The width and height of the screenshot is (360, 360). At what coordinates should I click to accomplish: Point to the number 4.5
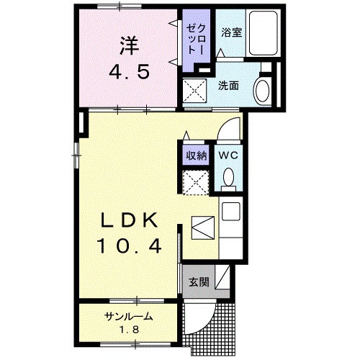(128, 73)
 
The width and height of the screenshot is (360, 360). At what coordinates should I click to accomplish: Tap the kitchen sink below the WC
(232, 211)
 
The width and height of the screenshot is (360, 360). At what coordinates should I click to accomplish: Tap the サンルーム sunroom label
(128, 318)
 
